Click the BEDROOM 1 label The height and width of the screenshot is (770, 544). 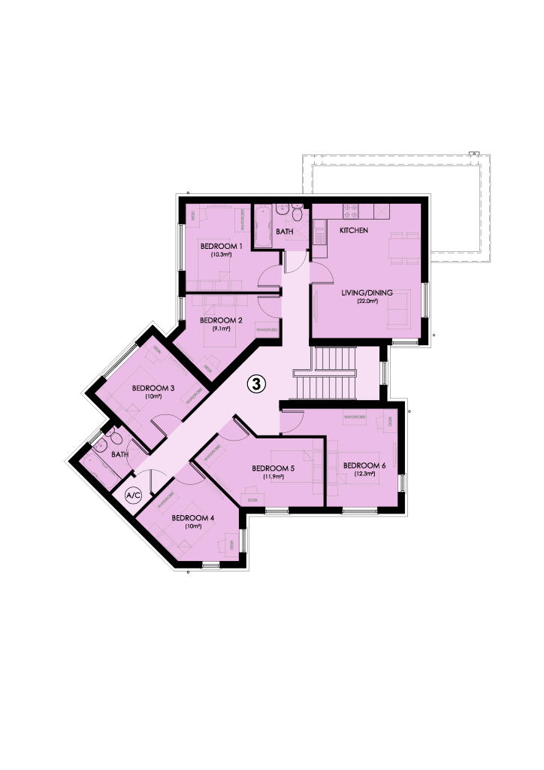point(220,246)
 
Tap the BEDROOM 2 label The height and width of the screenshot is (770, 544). point(220,320)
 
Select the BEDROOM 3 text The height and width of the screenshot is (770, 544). point(153,388)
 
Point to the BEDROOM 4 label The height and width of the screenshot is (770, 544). point(193,517)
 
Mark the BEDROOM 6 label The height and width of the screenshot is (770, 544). point(364,465)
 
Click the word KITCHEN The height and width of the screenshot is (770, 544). point(354,230)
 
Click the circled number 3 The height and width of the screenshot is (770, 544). point(256,384)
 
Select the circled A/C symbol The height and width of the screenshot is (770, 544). point(134,496)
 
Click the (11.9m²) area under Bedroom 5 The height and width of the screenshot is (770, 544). point(272,477)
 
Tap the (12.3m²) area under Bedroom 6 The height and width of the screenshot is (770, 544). point(364,475)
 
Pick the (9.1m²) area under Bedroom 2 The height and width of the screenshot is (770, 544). point(221,329)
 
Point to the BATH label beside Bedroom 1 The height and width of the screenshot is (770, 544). point(284,232)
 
